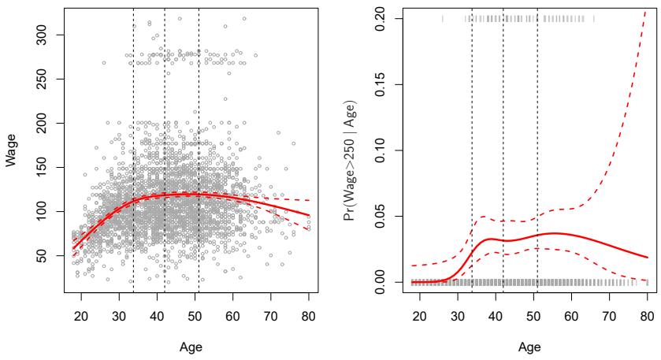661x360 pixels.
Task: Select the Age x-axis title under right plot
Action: pos(533,348)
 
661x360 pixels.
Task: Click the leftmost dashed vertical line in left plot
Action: pos(133,158)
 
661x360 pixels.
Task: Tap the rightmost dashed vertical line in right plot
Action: pos(537,158)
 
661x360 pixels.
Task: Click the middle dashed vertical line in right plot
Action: pos(503,158)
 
